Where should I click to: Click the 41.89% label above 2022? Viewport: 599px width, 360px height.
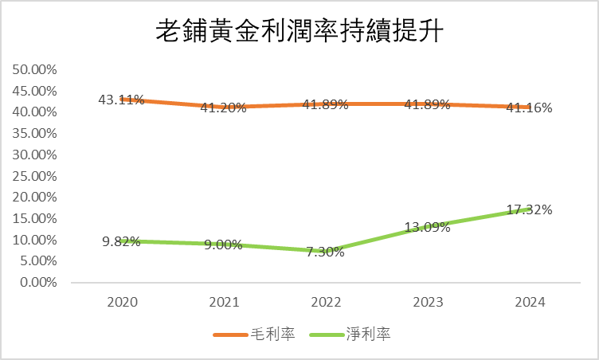coord(325,104)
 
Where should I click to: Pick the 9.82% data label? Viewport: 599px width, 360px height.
coord(121,241)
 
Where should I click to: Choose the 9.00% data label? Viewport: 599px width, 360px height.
coord(224,245)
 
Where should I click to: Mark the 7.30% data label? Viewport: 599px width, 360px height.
coord(325,252)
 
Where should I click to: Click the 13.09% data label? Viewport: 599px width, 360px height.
coord(427,227)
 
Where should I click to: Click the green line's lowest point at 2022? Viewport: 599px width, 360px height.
coord(325,251)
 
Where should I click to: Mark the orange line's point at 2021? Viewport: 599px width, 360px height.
coord(224,107)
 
